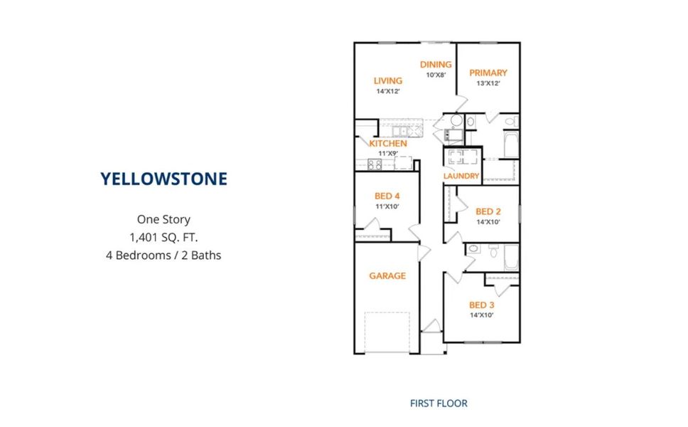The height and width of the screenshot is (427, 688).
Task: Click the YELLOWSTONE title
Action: click(163, 179)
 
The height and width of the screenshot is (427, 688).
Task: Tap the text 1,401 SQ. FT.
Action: click(163, 238)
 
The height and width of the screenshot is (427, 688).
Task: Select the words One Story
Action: click(163, 219)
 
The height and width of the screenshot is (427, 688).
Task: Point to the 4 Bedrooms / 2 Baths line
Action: click(163, 255)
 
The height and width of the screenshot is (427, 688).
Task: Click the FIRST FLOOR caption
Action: click(439, 404)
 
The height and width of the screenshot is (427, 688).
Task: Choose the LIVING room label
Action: click(388, 81)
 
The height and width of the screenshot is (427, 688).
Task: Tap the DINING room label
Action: click(436, 65)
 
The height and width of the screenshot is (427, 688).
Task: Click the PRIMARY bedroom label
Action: click(488, 73)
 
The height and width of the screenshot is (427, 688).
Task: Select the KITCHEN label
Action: click(388, 144)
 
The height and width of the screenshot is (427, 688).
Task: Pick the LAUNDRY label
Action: click(461, 176)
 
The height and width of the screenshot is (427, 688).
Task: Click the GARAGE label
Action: click(387, 276)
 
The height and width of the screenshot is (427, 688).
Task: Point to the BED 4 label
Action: click(387, 196)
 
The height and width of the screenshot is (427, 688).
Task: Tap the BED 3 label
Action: click(482, 305)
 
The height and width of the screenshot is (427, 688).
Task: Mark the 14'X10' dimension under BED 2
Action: click(488, 222)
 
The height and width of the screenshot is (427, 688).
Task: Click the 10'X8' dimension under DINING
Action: click(436, 75)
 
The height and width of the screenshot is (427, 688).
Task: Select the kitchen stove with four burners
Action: click(375, 164)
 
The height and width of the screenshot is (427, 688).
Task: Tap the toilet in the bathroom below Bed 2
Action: click(494, 251)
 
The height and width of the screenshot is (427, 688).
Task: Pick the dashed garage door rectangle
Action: click(387, 332)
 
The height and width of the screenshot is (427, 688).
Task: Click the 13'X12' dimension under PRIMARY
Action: click(488, 83)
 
